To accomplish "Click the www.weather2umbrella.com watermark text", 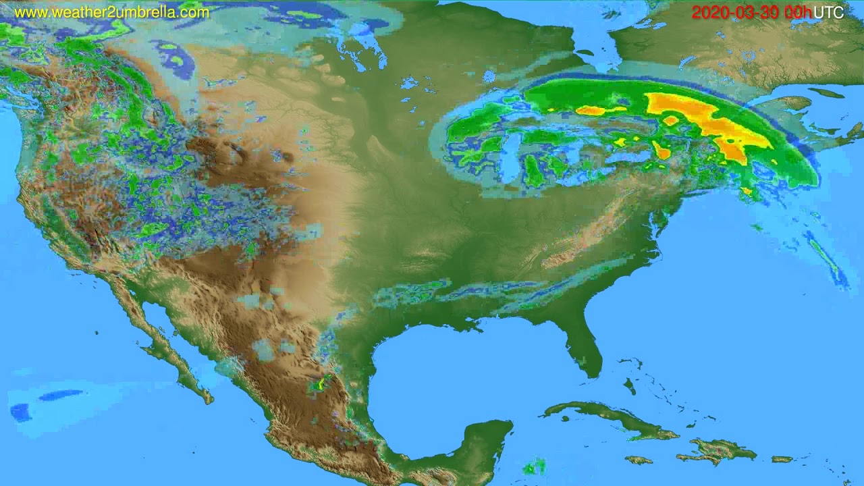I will [x=111, y=12].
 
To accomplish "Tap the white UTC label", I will [x=828, y=12].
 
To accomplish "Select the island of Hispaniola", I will [x=715, y=449].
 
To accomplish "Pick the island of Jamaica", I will [x=639, y=460].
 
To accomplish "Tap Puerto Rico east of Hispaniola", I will [x=782, y=459].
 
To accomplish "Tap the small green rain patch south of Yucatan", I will [x=535, y=466].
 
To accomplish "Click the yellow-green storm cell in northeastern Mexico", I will [x=318, y=385].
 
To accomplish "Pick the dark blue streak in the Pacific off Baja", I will [x=61, y=395].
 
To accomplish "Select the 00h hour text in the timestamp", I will [x=797, y=12].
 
